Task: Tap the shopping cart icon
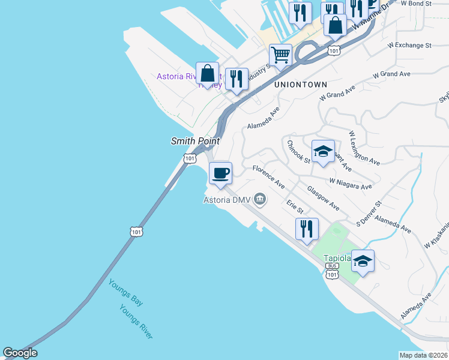tap(280, 56)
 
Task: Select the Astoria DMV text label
tap(226, 200)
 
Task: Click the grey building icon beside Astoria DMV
tap(260, 198)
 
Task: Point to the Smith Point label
tap(195, 142)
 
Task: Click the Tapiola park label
tap(337, 258)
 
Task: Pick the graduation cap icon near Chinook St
tap(323, 152)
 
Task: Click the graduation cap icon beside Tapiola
tap(363, 261)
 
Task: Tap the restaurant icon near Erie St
tap(307, 229)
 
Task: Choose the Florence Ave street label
tap(268, 177)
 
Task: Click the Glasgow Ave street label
tap(323, 198)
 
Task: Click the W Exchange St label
tap(409, 45)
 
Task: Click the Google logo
tap(20, 353)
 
